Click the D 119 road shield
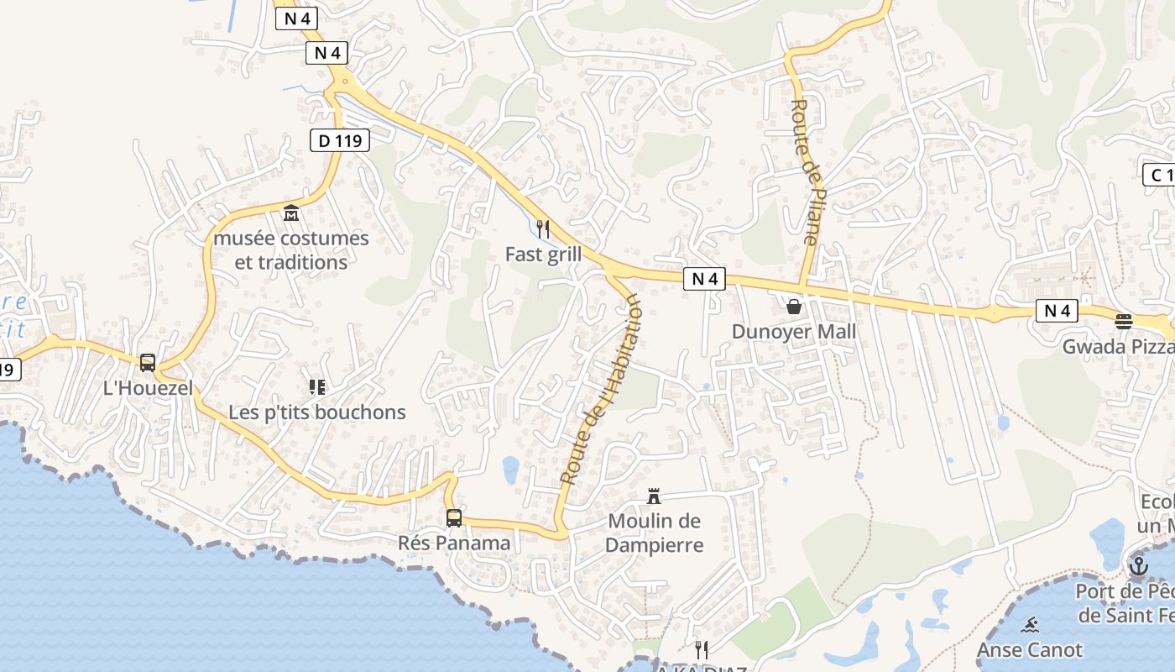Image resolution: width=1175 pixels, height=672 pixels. click(x=340, y=140)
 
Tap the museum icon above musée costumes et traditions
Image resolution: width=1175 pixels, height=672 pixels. click(x=291, y=213)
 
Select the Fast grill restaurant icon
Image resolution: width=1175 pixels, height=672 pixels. click(x=543, y=228)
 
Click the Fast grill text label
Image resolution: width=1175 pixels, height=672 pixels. click(x=543, y=254)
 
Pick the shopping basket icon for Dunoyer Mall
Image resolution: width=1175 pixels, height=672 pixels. click(x=794, y=307)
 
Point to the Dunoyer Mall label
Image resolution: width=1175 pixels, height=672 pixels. click(x=794, y=331)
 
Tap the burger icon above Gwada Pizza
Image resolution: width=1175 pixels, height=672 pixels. click(x=1124, y=321)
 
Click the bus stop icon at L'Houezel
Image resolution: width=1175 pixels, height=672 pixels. click(x=148, y=363)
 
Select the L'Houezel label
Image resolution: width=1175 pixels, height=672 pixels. click(x=148, y=388)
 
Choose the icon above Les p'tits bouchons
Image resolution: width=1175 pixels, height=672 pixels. click(x=317, y=387)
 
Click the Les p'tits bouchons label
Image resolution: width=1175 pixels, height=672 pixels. click(x=317, y=412)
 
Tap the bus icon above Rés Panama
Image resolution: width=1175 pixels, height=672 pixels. click(x=454, y=518)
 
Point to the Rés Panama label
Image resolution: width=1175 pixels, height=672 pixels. click(x=454, y=543)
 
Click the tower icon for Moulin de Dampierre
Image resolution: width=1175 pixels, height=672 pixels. click(x=654, y=496)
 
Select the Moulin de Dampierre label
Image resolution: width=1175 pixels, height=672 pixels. click(x=654, y=533)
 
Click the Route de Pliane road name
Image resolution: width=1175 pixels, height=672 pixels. click(x=805, y=172)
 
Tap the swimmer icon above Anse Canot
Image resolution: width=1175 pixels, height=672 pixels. click(x=1031, y=625)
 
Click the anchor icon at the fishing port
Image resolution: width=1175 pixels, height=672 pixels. click(x=1139, y=566)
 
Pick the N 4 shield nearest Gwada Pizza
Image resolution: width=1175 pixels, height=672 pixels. click(x=1057, y=311)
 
